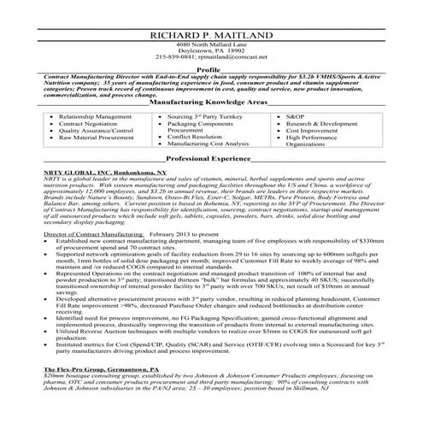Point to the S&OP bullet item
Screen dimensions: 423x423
click(x=297, y=114)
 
